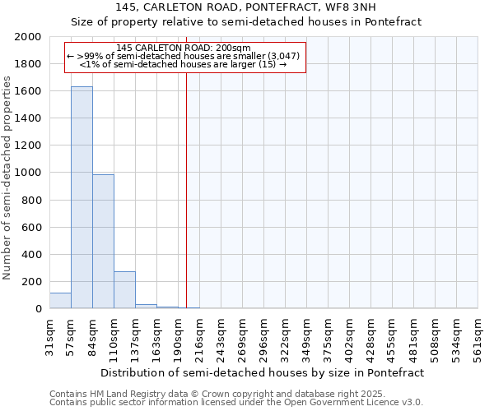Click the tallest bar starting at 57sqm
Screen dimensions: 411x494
pyautogui.click(x=82, y=197)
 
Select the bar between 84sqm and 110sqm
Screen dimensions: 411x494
pyautogui.click(x=103, y=242)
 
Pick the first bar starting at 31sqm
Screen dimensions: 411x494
pyautogui.click(x=60, y=301)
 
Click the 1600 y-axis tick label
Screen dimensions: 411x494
pyautogui.click(x=28, y=92)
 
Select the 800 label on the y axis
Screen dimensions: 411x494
pyautogui.click(x=31, y=201)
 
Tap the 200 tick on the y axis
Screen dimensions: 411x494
pyautogui.click(x=31, y=282)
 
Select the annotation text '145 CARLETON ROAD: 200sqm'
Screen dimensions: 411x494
pyautogui.click(x=184, y=48)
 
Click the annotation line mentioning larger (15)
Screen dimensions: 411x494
pyautogui.click(x=184, y=64)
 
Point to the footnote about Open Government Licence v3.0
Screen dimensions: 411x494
pyautogui.click(x=236, y=403)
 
